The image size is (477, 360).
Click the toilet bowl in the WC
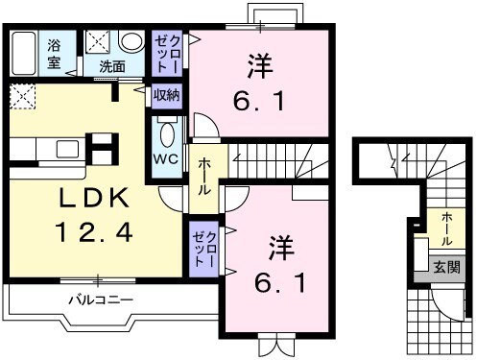[x=167, y=132]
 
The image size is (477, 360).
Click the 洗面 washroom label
[x=113, y=66]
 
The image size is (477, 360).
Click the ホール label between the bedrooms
[x=204, y=177]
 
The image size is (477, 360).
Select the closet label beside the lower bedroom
[x=204, y=248]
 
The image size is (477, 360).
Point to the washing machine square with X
[x=98, y=42]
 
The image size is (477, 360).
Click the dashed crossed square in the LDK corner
[x=22, y=95]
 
